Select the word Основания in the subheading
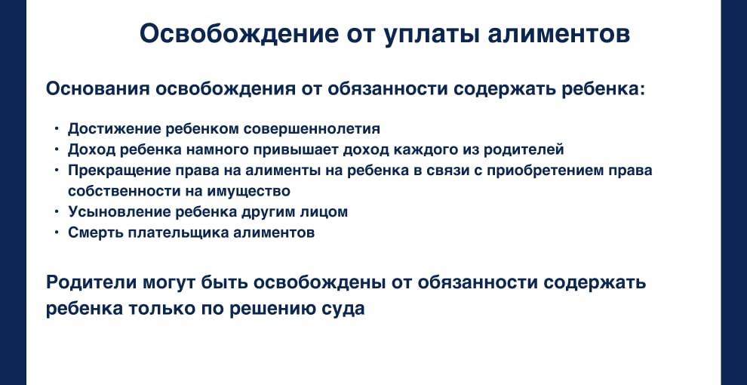click(x=97, y=88)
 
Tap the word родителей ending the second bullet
click(x=520, y=149)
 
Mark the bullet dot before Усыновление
click(x=57, y=212)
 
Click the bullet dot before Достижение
click(x=57, y=128)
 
